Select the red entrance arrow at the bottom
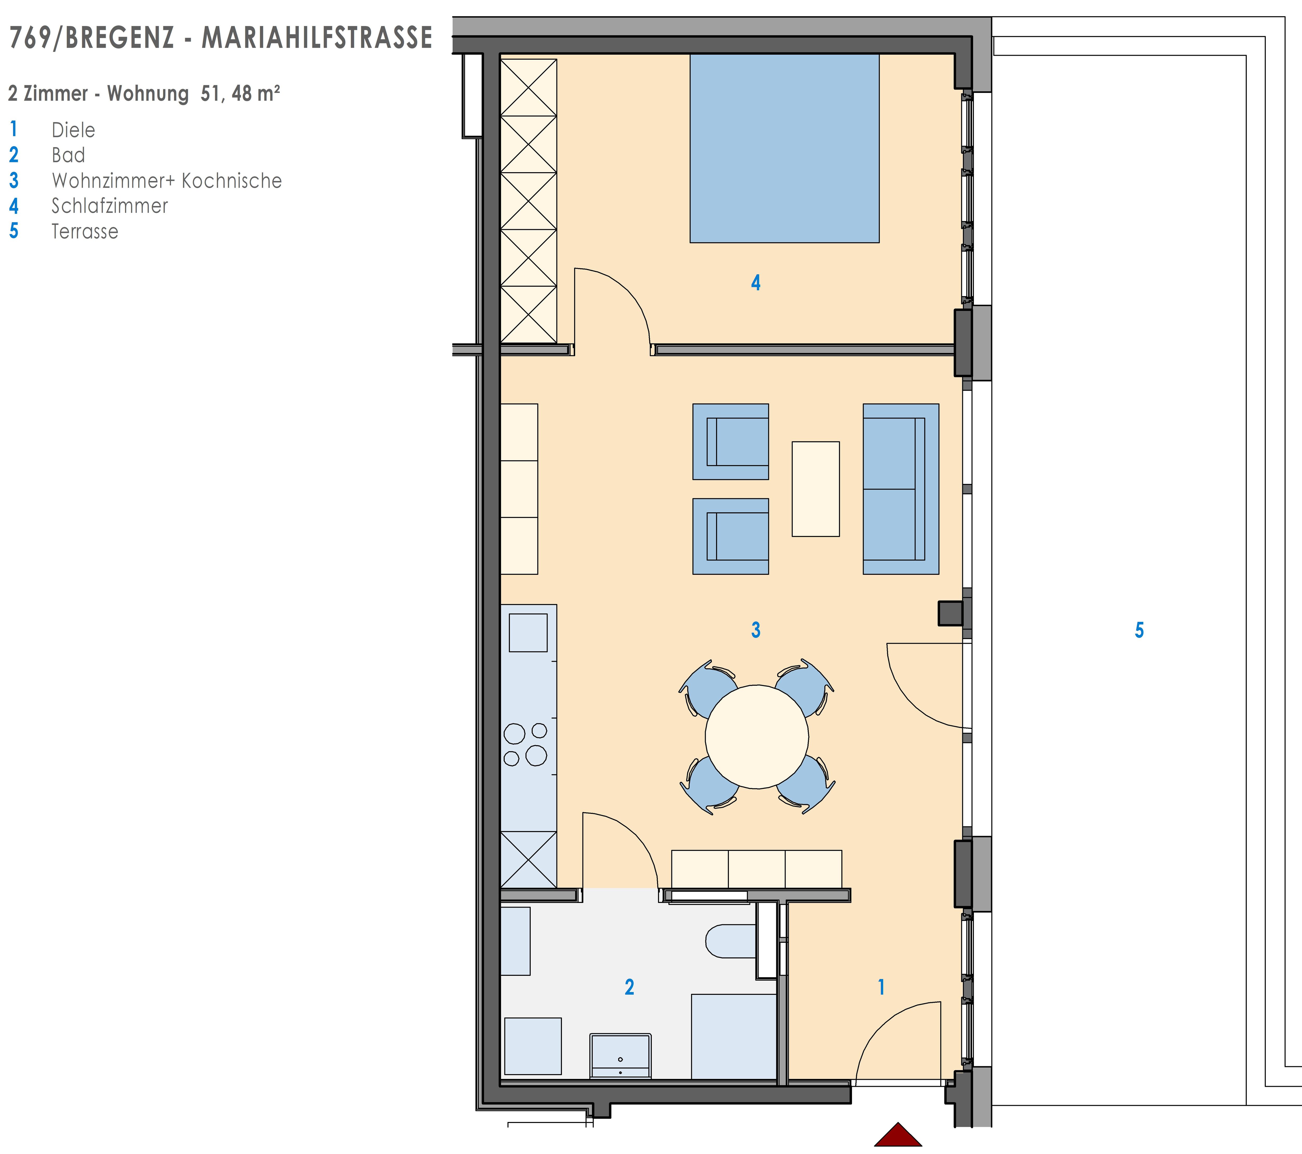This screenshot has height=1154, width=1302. click(x=898, y=1136)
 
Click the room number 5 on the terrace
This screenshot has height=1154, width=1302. click(x=1140, y=630)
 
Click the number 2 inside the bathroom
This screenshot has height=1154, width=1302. click(x=629, y=987)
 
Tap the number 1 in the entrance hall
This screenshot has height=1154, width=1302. click(x=882, y=987)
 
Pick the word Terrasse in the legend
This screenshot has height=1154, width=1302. click(x=85, y=231)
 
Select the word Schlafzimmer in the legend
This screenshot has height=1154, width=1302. click(x=110, y=206)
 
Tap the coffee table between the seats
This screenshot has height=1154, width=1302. click(x=815, y=489)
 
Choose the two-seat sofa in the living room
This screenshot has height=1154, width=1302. click(x=901, y=489)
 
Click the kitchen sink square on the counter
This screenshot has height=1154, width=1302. click(x=528, y=633)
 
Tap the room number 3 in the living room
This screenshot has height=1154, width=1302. click(x=756, y=630)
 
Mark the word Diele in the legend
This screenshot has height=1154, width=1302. click(x=73, y=130)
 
